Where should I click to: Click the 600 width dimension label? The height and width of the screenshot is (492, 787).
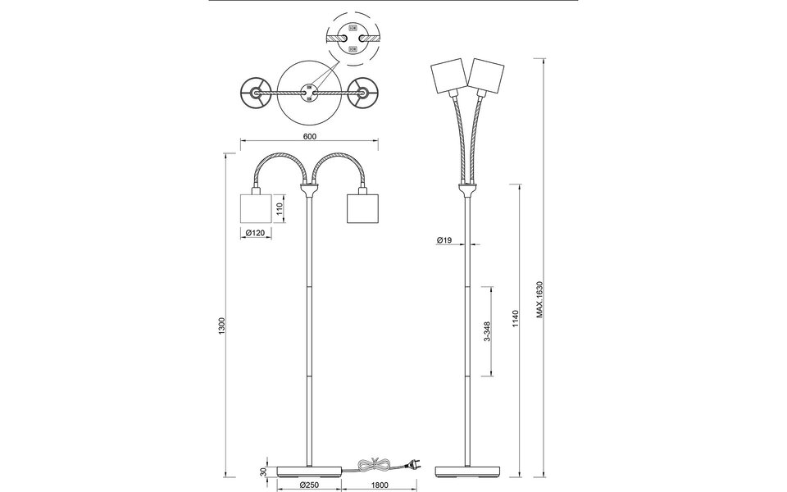tap(310, 137)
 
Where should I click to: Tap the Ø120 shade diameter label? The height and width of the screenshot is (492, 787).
tap(256, 234)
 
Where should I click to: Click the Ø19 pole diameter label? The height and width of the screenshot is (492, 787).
tap(445, 239)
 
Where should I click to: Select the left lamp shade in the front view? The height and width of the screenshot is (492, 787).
tap(256, 208)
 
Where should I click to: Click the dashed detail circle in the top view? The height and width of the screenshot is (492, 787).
tap(353, 38)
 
